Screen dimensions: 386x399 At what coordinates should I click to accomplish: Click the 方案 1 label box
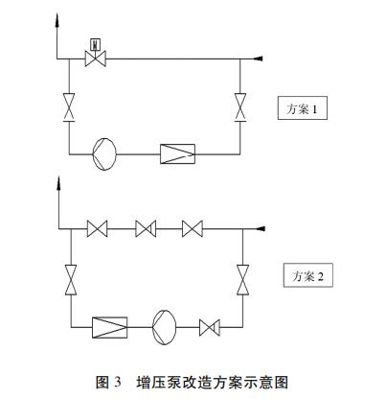click(303, 108)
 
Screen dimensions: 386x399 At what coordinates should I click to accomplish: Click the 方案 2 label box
click(308, 275)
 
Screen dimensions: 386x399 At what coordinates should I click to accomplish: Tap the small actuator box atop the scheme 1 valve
click(96, 44)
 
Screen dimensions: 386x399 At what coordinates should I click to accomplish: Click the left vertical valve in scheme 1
click(69, 107)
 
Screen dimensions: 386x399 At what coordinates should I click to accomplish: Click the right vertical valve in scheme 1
click(240, 107)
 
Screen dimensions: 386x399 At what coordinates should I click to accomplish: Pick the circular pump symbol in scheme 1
click(104, 154)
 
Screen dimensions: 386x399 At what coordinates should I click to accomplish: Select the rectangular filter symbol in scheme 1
click(177, 154)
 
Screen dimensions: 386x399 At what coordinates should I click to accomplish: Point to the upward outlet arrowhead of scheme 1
click(57, 20)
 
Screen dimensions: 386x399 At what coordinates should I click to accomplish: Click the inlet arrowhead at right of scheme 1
click(258, 59)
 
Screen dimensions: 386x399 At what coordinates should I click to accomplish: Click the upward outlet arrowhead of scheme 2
click(58, 183)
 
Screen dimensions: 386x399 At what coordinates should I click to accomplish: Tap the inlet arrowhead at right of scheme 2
click(261, 228)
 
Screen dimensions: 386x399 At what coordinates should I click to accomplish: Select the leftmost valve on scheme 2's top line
click(98, 229)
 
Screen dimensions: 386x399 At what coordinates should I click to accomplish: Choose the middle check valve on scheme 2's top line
click(146, 229)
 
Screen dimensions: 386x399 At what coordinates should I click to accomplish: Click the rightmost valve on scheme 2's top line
click(193, 229)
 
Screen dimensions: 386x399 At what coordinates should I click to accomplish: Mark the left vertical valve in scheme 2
click(71, 280)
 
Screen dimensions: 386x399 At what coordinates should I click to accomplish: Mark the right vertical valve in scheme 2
click(242, 280)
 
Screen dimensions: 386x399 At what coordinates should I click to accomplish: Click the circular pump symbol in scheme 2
click(165, 327)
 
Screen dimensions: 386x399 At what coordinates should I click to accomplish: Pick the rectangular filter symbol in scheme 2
click(110, 327)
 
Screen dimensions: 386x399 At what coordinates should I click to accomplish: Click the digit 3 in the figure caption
click(118, 382)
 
